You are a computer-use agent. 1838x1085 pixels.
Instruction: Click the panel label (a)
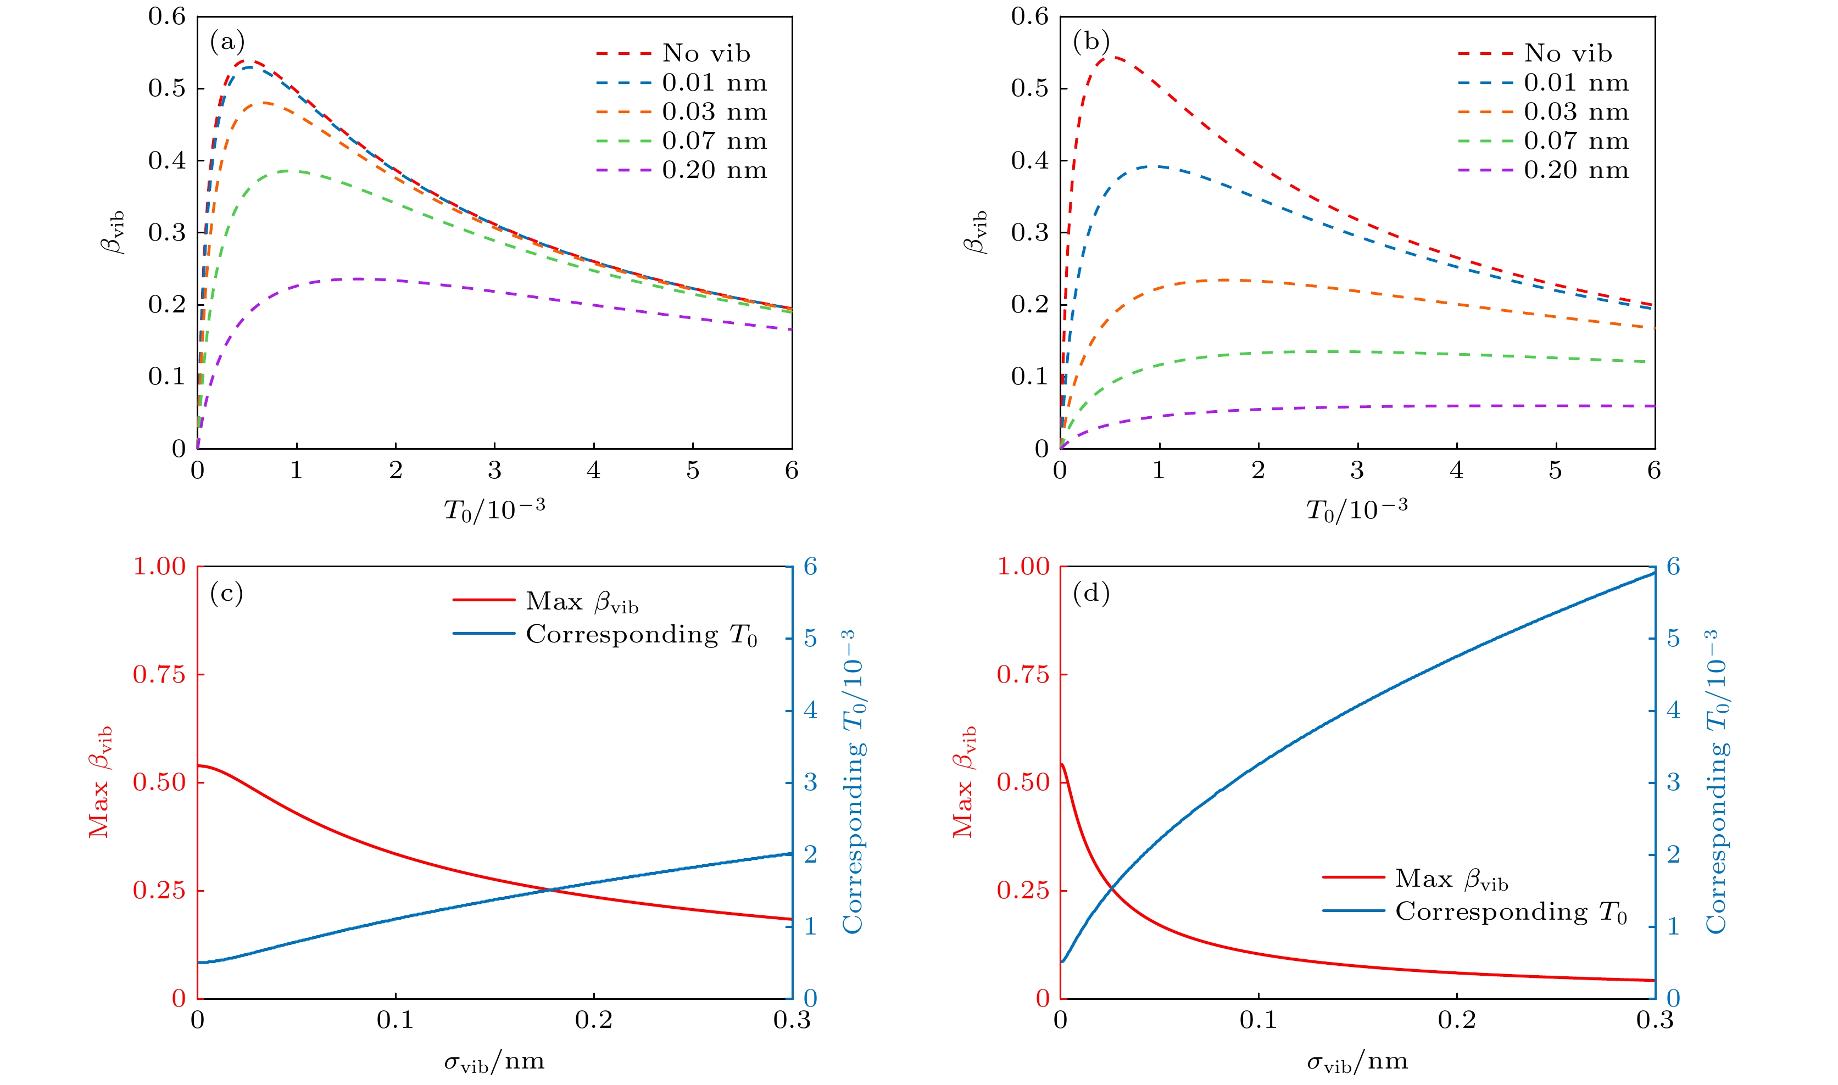[227, 42]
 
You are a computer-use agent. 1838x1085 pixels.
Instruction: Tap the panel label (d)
[1090, 593]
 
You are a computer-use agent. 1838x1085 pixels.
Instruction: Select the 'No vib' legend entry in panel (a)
[706, 53]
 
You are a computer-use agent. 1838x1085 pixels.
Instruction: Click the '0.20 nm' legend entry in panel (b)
[1576, 170]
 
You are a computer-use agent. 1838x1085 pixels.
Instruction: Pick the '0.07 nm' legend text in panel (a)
[714, 141]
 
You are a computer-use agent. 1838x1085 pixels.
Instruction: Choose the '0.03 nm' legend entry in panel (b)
[1576, 112]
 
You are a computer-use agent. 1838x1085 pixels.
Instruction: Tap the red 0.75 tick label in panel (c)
[159, 674]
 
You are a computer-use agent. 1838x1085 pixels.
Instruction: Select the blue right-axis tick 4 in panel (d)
[1673, 710]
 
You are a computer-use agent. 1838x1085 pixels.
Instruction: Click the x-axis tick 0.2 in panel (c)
[593, 1020]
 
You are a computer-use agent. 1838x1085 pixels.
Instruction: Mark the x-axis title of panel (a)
[494, 510]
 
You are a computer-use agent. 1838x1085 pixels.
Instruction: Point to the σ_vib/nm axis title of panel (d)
[1357, 1061]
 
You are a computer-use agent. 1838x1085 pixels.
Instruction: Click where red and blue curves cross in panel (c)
[550, 890]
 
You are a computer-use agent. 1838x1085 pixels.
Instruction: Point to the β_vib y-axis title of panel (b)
[976, 232]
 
